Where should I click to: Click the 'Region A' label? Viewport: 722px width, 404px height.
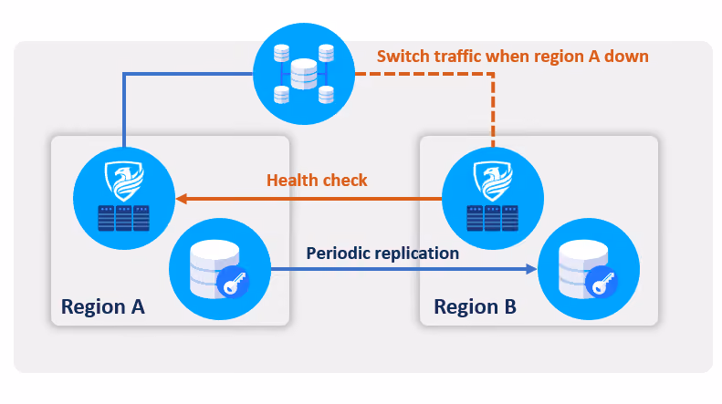102,307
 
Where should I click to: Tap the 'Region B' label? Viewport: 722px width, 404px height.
475,307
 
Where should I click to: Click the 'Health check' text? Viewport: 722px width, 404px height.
317,181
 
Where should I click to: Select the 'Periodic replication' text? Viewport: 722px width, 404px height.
382,254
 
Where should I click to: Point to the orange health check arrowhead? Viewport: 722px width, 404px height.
181,199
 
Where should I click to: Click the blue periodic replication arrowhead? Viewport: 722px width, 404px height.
531,269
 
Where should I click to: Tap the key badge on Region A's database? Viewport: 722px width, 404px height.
233,282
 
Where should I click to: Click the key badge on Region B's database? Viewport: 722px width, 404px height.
602,282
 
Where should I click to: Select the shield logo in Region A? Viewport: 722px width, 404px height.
124,181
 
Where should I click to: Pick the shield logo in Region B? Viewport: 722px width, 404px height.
493,181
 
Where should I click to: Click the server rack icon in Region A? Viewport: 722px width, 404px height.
124,218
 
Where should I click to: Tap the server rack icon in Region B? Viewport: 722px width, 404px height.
492,218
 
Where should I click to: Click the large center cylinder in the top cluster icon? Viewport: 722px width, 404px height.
304,74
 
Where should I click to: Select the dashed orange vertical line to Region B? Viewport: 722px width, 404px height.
493,110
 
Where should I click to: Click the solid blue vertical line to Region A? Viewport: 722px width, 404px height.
124,110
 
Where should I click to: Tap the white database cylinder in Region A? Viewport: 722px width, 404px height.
215,269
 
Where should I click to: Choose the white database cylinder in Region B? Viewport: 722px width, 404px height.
583,269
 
